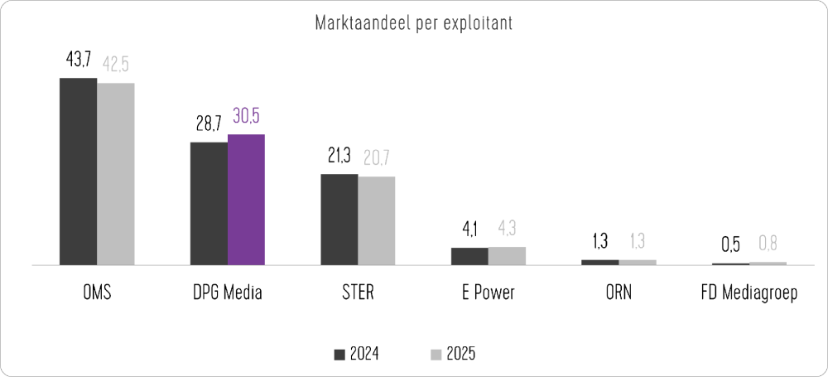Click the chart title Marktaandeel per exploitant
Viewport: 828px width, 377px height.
coord(413,23)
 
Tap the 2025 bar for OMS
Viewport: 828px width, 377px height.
coord(116,174)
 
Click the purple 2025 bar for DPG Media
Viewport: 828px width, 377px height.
coord(246,200)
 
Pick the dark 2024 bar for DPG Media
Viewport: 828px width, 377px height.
coord(209,204)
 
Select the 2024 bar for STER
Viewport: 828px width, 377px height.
coord(339,220)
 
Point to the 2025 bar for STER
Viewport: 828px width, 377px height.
coord(377,220)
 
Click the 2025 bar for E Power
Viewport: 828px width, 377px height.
coord(507,256)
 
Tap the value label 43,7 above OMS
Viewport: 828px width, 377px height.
coord(78,62)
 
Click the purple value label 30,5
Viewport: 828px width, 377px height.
coord(246,117)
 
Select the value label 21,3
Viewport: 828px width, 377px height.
coord(339,157)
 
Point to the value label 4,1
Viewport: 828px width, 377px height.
coord(469,230)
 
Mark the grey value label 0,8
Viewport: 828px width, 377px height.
coord(768,245)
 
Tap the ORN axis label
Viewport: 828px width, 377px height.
coord(619,294)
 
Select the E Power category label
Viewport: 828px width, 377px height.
coord(488,294)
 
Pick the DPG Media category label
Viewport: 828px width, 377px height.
coord(227,294)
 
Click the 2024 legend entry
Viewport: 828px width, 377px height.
coord(357,354)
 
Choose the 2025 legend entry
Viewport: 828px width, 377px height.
coord(453,354)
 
